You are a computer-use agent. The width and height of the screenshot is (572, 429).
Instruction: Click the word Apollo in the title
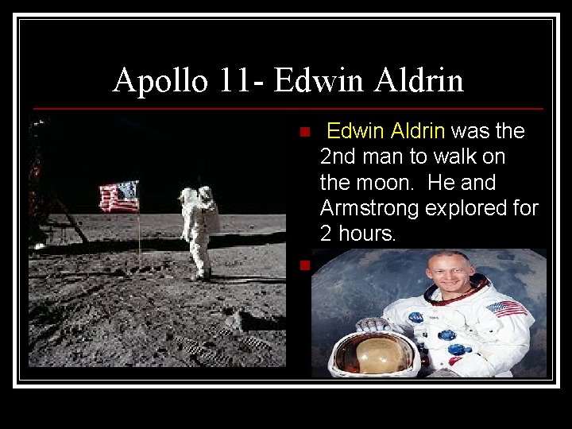coord(160,80)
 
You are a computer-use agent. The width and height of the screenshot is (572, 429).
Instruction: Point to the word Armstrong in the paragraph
coord(372,208)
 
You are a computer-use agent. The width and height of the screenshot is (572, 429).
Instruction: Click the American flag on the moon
coord(119,196)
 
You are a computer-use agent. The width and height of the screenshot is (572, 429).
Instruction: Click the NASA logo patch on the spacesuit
coord(416,318)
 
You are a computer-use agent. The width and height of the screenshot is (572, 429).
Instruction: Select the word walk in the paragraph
coord(462,157)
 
